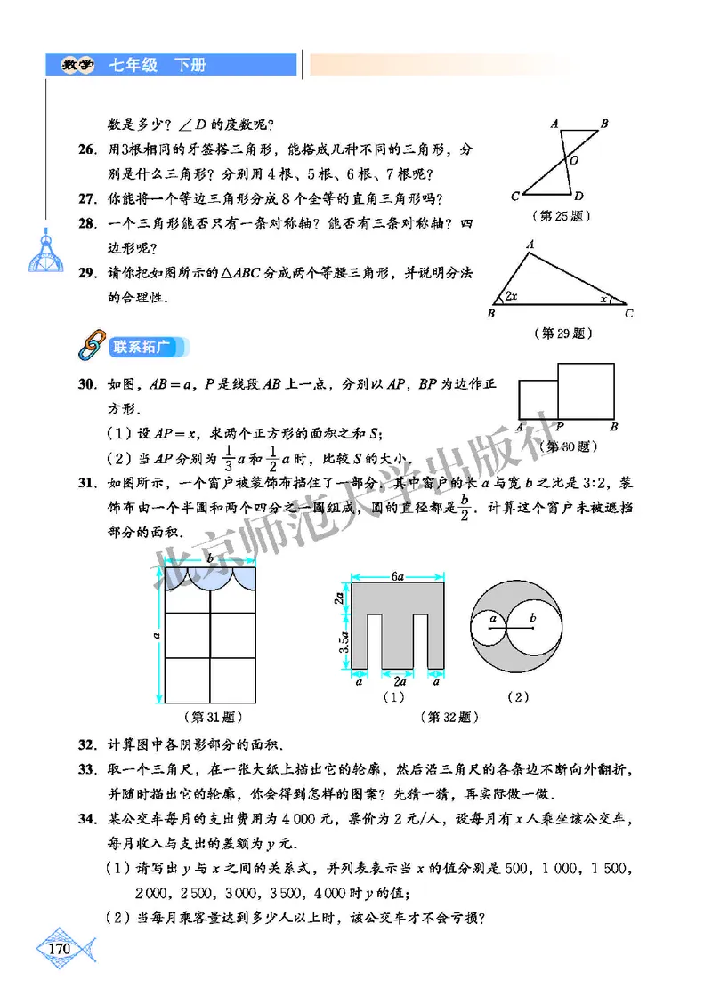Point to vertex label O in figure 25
click(574, 161)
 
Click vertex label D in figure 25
click(578, 196)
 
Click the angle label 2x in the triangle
click(510, 295)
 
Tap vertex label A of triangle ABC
click(530, 244)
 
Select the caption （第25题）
click(562, 215)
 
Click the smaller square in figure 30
click(538, 399)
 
